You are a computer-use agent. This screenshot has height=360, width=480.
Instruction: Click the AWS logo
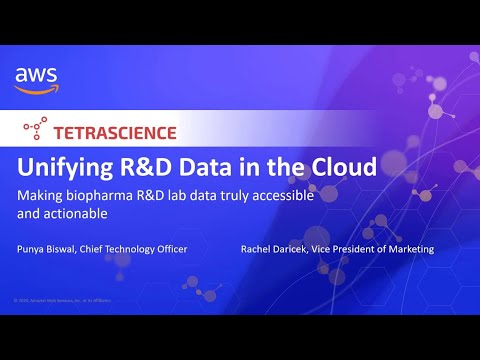click(x=36, y=79)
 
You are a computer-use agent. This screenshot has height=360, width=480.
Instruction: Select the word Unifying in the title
click(x=68, y=165)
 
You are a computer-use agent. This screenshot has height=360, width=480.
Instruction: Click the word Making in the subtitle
click(x=43, y=194)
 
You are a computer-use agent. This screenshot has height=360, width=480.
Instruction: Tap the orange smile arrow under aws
click(x=37, y=89)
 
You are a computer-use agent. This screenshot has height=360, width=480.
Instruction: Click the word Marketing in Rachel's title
click(x=409, y=248)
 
